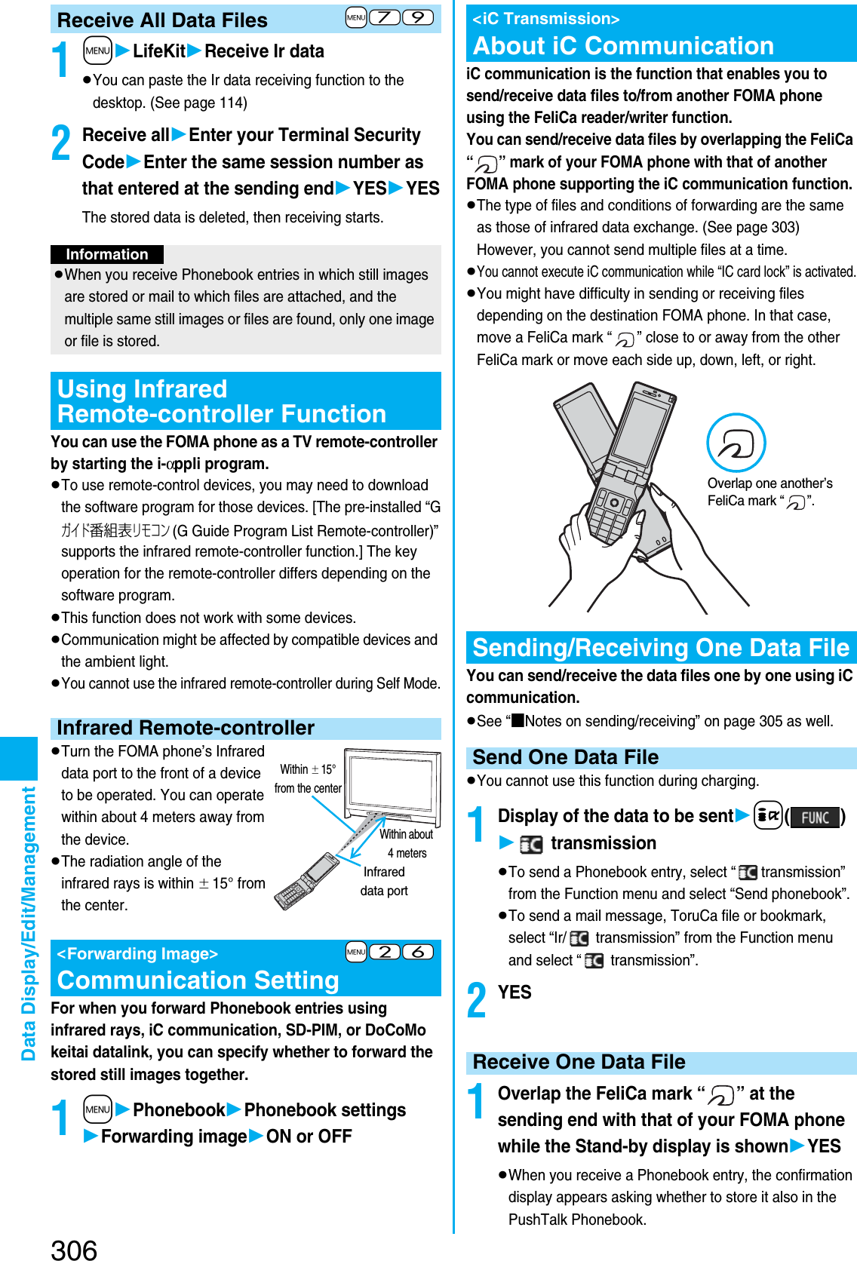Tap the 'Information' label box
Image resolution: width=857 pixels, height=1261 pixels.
tap(107, 255)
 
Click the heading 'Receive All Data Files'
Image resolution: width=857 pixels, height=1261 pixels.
tap(162, 20)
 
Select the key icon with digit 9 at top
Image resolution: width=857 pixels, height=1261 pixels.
tap(418, 17)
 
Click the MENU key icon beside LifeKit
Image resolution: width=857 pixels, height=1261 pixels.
tap(97, 51)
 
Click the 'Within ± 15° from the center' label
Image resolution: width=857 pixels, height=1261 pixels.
tap(308, 778)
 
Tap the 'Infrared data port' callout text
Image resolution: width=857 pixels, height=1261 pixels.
tap(384, 881)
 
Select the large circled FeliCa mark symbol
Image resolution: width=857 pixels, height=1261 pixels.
tap(736, 443)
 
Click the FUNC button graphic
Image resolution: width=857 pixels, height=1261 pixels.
tap(815, 818)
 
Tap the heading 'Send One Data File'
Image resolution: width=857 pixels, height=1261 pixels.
tap(565, 757)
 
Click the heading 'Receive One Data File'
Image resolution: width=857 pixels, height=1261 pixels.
tap(579, 1062)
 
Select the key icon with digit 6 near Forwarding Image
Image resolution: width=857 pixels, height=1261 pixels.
tap(418, 952)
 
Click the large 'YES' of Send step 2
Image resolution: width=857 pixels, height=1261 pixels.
tap(515, 993)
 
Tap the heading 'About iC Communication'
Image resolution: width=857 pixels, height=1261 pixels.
tap(623, 46)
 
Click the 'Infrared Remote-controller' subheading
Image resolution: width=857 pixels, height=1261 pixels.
tap(186, 728)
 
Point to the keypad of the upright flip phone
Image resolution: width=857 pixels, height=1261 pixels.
tap(610, 513)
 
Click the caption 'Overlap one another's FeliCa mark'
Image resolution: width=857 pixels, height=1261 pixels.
tap(769, 492)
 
